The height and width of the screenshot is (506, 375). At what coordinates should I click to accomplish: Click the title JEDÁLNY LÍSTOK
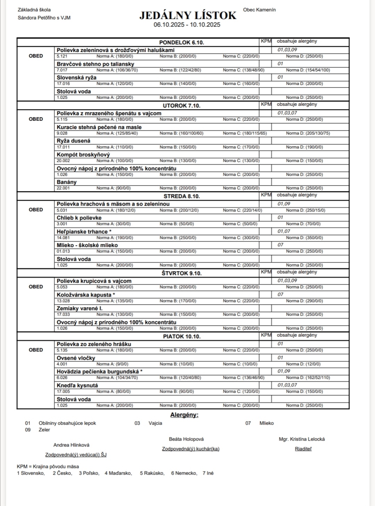188,16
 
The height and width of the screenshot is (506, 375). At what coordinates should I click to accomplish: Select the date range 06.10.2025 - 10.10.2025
187,25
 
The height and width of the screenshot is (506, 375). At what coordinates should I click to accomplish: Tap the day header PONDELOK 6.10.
182,42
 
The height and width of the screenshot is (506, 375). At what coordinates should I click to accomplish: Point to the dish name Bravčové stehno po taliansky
95,64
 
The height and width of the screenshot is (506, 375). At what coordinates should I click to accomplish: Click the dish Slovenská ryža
76,78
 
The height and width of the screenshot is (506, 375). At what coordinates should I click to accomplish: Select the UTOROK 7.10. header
182,106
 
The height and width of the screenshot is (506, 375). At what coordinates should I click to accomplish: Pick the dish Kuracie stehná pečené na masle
99,127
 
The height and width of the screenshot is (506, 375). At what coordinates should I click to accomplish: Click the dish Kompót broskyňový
83,155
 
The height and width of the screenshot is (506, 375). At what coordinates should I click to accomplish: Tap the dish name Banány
67,182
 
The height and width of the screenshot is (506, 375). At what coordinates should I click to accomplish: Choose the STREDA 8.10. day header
182,196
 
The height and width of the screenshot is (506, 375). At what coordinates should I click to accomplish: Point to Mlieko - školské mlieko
87,245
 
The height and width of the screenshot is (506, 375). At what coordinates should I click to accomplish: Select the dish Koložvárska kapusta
86,295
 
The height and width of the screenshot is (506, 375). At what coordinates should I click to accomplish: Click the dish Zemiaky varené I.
80,309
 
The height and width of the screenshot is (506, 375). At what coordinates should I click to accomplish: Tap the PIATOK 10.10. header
182,336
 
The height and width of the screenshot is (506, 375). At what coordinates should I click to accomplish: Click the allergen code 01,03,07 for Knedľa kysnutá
287,385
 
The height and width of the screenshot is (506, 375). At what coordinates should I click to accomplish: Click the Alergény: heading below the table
184,415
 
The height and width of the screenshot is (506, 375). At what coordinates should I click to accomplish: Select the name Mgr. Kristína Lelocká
302,439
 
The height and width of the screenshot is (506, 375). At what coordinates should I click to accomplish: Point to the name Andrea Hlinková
71,445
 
